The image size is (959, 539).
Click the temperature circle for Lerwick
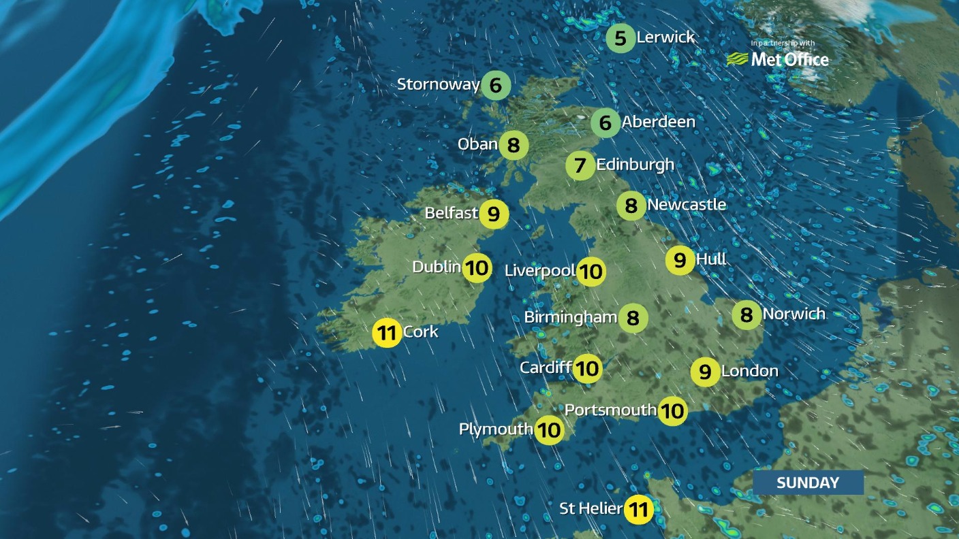[x=620, y=38]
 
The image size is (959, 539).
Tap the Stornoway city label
[x=438, y=84]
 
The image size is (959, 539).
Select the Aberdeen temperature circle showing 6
[x=605, y=123]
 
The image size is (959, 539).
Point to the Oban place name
[x=477, y=144]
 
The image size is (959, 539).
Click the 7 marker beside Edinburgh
[x=580, y=165]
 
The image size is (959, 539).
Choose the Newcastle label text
[x=686, y=204]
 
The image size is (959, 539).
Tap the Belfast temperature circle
[x=494, y=214]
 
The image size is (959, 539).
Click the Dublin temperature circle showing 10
[x=477, y=267]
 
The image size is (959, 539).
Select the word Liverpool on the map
[x=540, y=270]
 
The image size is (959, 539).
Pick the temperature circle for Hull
[x=680, y=260]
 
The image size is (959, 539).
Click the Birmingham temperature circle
[x=633, y=318]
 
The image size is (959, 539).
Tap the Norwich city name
[x=793, y=314]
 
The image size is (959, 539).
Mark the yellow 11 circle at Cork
[x=387, y=333]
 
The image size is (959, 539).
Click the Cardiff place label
[x=545, y=367]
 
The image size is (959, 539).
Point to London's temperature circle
[x=705, y=372]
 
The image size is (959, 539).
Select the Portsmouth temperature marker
[x=672, y=411]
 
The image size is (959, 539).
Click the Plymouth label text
[x=495, y=429]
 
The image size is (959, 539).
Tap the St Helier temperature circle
[x=638, y=509]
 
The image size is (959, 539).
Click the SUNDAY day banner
[x=808, y=483]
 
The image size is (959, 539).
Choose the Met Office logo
[x=778, y=59]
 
